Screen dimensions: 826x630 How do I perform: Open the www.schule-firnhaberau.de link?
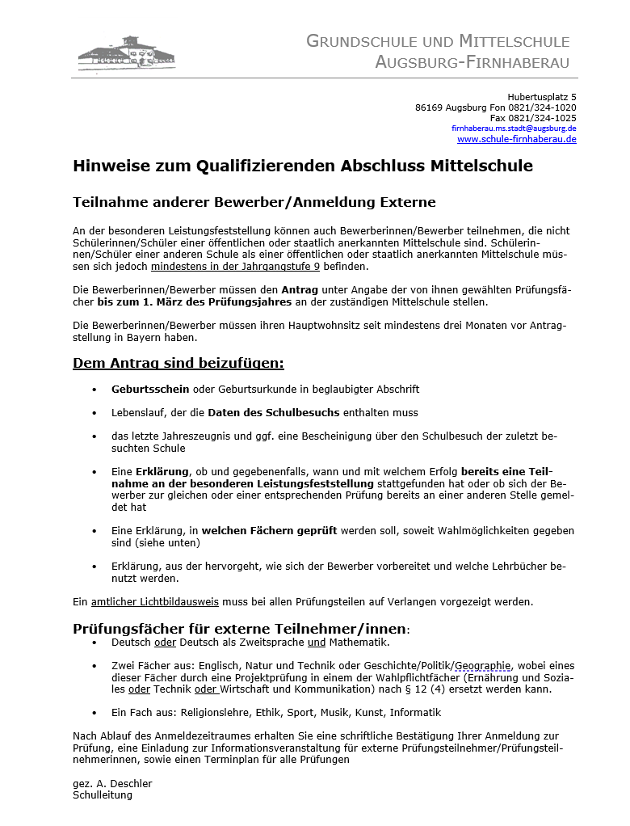(x=516, y=139)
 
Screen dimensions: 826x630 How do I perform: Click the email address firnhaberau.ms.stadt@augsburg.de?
(x=513, y=129)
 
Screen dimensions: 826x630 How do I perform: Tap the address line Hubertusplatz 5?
(x=541, y=97)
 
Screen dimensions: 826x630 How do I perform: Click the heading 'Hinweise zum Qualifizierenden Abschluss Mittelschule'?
(x=303, y=166)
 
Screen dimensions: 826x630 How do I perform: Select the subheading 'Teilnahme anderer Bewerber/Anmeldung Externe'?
(x=254, y=202)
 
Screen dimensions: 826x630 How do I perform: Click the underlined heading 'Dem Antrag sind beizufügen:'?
(x=178, y=363)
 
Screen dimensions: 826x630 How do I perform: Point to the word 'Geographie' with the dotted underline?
(x=482, y=666)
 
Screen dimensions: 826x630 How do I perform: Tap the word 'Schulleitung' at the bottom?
(x=103, y=795)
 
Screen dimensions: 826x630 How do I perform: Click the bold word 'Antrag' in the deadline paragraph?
(x=299, y=289)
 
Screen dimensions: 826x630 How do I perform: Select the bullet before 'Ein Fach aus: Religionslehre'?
(x=94, y=713)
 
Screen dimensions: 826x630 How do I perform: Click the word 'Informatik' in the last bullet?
(x=415, y=713)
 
